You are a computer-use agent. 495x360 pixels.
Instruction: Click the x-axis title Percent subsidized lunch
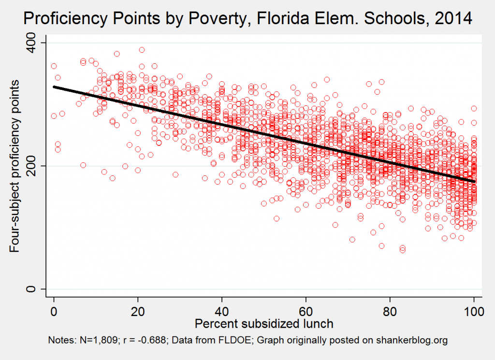264,322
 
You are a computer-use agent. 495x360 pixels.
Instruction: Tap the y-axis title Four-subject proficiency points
15,166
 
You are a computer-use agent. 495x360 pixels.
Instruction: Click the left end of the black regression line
54,87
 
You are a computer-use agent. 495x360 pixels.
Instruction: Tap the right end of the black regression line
474,181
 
